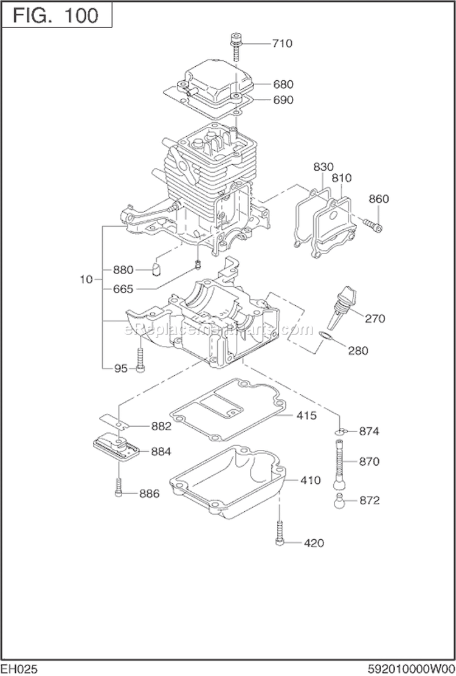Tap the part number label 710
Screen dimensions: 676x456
(x=282, y=43)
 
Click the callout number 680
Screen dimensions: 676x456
(x=283, y=84)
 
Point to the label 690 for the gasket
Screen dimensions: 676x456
(x=283, y=100)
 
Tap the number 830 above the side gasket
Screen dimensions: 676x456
(x=324, y=167)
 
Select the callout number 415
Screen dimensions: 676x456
(x=306, y=416)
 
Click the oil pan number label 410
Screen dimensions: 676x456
(x=310, y=480)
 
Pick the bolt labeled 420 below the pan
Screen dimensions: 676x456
(x=280, y=533)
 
